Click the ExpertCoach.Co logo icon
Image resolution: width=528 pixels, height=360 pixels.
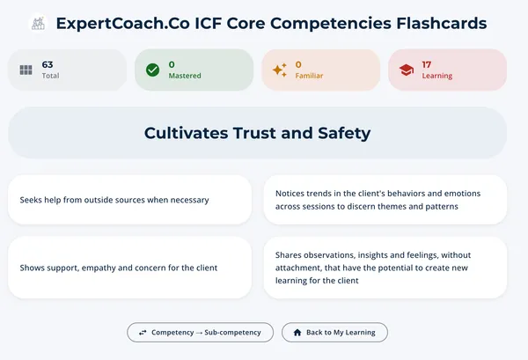click(x=38, y=24)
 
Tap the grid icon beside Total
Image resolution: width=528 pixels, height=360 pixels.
click(x=26, y=70)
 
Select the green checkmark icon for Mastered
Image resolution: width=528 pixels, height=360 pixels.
click(x=152, y=70)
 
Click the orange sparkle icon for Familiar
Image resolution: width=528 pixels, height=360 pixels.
click(x=279, y=70)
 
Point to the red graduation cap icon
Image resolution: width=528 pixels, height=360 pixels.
click(x=406, y=70)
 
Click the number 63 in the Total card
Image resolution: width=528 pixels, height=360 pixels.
click(x=48, y=64)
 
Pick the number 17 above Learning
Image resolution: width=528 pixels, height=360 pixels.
click(x=427, y=64)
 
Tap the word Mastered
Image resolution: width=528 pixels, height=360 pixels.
click(x=185, y=76)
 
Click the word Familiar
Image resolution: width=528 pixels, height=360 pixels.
click(x=309, y=76)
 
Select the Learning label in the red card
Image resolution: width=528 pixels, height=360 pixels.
click(x=437, y=76)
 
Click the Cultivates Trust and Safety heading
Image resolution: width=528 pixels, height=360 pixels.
click(x=257, y=133)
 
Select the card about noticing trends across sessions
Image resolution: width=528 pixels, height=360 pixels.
click(x=385, y=200)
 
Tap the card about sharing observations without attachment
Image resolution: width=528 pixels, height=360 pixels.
click(x=385, y=268)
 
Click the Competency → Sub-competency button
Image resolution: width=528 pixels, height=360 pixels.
click(x=200, y=332)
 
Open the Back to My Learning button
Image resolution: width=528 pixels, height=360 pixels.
click(x=334, y=332)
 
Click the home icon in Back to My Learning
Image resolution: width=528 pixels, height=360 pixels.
click(x=297, y=332)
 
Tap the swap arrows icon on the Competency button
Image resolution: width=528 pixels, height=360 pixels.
click(x=142, y=332)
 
